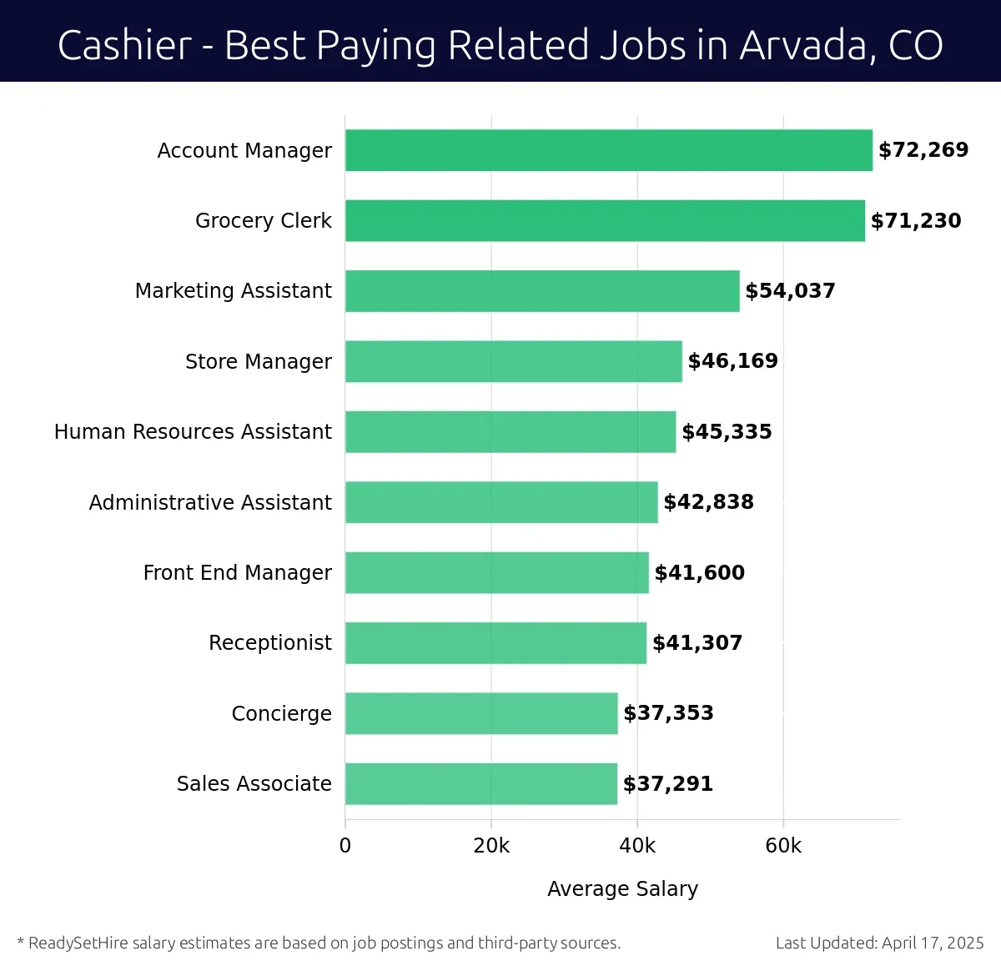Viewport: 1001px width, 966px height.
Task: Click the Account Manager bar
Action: tap(608, 150)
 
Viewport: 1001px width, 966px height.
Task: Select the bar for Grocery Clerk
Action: tap(605, 220)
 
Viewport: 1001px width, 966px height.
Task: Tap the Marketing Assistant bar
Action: tap(542, 291)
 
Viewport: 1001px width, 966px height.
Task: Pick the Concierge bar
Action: tap(481, 713)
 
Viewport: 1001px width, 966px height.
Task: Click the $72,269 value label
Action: tap(923, 150)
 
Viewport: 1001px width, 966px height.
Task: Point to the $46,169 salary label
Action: tap(732, 361)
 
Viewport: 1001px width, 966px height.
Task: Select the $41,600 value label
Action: tap(699, 573)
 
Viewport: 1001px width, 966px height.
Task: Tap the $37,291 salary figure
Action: tap(668, 784)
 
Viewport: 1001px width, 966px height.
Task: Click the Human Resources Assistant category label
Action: tap(193, 432)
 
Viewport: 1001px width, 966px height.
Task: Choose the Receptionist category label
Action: tap(270, 643)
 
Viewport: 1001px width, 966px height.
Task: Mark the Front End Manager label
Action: tap(238, 573)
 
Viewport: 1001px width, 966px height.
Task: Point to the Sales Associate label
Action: tap(254, 784)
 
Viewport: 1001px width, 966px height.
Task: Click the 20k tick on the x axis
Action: tap(491, 846)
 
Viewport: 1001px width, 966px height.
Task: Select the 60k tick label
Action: tap(783, 846)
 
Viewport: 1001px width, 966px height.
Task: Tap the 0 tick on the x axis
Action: tap(345, 846)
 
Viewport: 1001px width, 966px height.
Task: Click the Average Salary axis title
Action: tap(622, 889)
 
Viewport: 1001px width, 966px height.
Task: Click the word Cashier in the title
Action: tap(125, 45)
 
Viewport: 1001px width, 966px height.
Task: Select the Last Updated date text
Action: tap(879, 943)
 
